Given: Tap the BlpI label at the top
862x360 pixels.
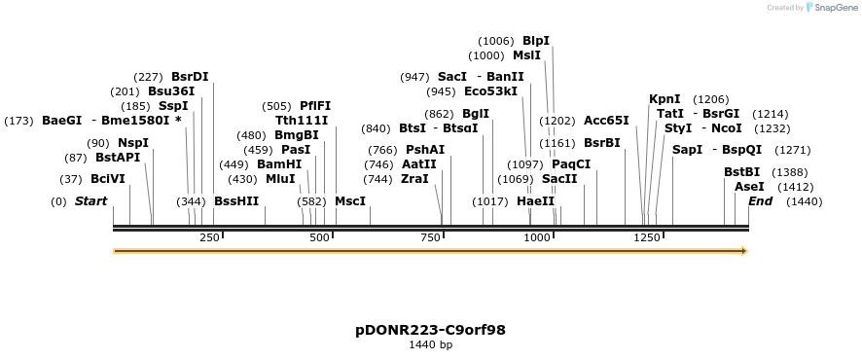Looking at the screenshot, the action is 536,41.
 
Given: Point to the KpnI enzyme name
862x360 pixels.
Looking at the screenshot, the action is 664,99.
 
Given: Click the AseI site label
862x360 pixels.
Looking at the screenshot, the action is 749,187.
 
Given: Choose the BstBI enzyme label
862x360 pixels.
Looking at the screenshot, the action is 741,172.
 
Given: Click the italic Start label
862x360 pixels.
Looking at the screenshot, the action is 90,201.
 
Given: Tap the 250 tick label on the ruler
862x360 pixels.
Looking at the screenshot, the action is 209,237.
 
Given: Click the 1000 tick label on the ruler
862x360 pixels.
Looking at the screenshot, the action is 537,237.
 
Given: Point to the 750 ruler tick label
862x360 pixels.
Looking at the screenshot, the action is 430,237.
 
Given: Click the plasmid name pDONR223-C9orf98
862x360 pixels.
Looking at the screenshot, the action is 430,330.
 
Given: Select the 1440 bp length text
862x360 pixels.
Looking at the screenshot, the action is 430,344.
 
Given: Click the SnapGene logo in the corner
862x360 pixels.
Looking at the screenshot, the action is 829,8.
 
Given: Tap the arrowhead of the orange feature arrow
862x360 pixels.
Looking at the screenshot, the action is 743,251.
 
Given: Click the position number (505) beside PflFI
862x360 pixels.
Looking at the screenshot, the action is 276,106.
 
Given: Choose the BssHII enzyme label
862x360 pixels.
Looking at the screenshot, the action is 236,201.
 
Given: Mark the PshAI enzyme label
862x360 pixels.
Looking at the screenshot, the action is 425,150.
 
